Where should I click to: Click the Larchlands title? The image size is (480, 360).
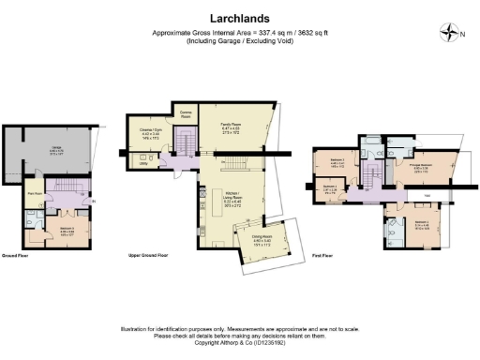(239, 18)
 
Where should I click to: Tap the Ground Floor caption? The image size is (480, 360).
(18, 255)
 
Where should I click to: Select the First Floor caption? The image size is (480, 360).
(322, 255)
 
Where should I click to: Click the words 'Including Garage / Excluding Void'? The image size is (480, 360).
(239, 42)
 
